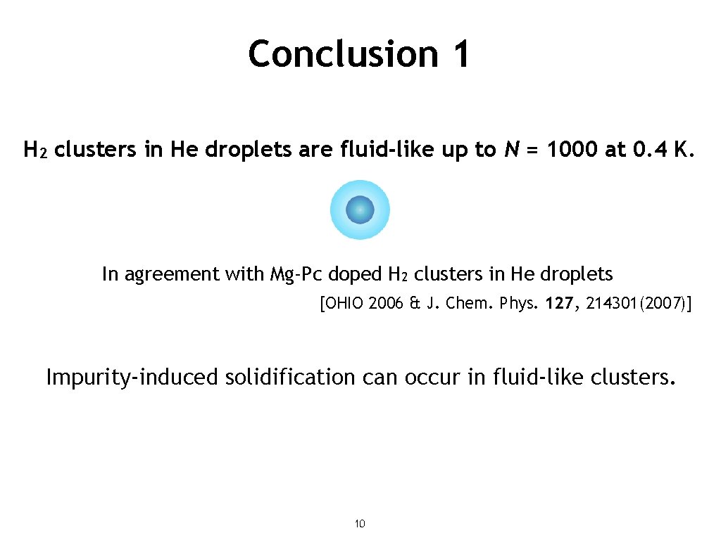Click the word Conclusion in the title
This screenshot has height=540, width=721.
pos(343,54)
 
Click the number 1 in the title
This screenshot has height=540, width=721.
pos(458,54)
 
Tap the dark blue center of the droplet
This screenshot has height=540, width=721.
pos(360,210)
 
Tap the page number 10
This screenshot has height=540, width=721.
pos(360,524)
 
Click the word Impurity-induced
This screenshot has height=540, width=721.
pos(132,378)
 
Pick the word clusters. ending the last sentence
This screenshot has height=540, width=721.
pos(634,378)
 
